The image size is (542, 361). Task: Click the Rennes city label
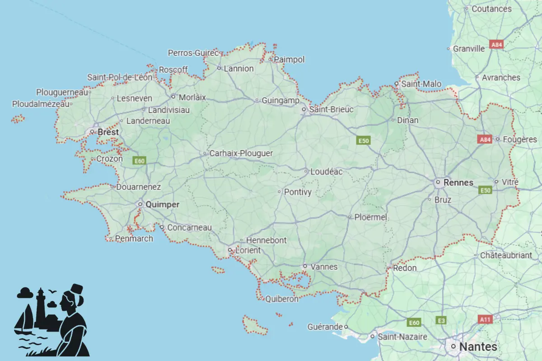point(458,183)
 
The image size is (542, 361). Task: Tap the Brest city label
point(108,132)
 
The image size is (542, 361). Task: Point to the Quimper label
point(162,204)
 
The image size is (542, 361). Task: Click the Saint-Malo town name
point(421,84)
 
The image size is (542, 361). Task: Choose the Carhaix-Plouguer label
point(241,153)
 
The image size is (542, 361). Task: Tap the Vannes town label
point(324,267)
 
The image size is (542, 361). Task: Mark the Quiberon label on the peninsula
point(282,299)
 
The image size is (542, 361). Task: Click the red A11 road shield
point(485,319)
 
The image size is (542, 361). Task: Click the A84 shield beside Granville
point(496,45)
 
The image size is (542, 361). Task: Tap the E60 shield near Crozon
point(140,160)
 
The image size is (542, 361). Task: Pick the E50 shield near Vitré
point(485,191)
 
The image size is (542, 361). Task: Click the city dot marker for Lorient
point(230,250)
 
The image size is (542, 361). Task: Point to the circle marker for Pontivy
point(280,192)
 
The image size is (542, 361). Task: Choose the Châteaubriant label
point(506,255)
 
